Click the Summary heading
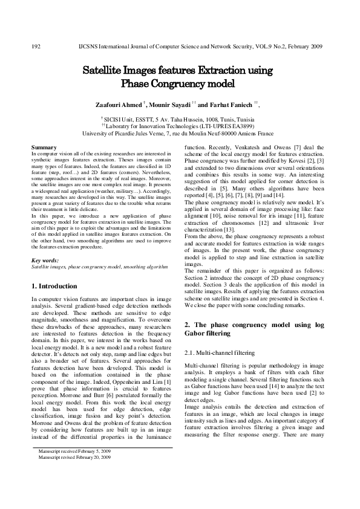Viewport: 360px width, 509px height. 44,147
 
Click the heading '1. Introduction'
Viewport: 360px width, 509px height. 54,285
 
